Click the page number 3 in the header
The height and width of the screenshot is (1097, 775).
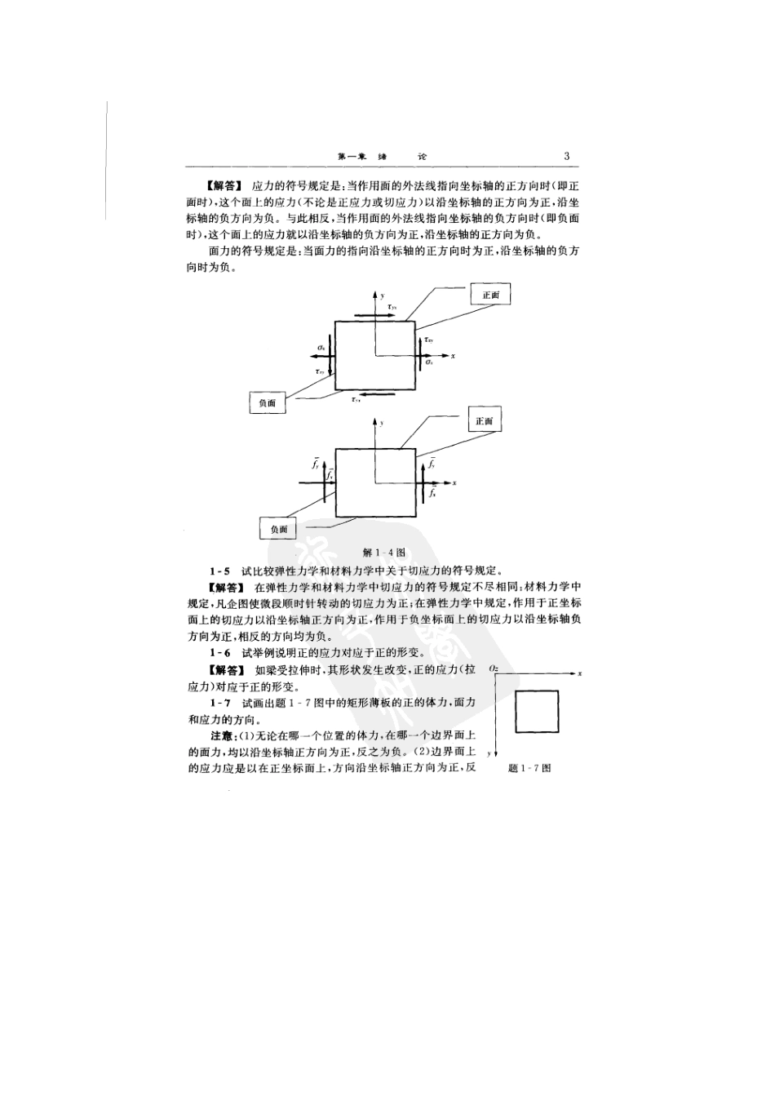[567, 157]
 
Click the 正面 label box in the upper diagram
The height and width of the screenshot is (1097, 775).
[490, 295]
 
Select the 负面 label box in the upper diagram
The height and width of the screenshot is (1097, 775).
[268, 402]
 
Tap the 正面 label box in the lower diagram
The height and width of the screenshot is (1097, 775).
[484, 421]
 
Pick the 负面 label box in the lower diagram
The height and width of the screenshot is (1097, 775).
[279, 529]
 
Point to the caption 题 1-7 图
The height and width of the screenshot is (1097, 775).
[529, 768]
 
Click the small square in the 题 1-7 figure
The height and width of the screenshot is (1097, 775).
[536, 712]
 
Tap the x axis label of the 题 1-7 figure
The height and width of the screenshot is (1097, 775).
[579, 673]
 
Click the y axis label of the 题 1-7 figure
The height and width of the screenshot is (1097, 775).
[488, 753]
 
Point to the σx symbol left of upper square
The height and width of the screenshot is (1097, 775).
[322, 348]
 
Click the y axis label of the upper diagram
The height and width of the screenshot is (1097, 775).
[383, 295]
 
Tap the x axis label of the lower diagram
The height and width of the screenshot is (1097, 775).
[454, 483]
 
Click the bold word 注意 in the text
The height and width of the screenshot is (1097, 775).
[222, 736]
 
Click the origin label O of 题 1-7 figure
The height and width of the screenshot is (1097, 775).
[494, 669]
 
